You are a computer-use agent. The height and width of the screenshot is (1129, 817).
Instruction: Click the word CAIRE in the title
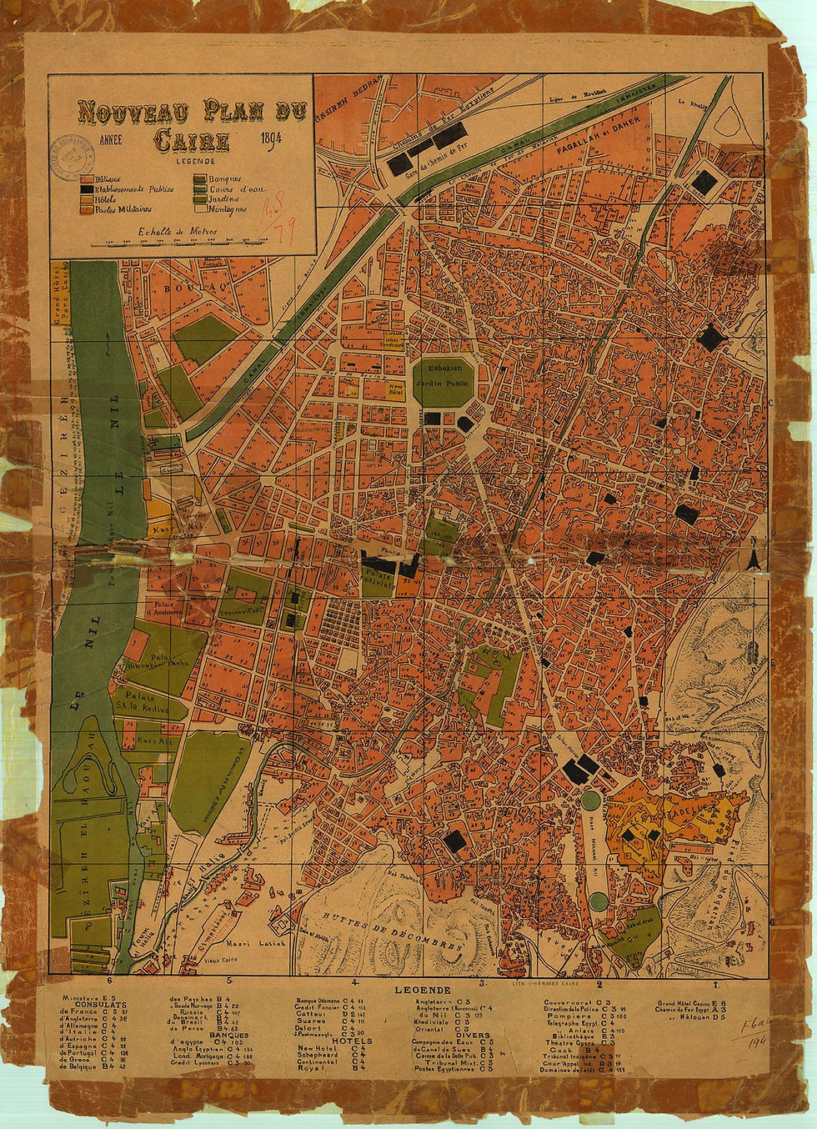191,140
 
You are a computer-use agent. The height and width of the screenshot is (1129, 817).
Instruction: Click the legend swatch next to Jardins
200,199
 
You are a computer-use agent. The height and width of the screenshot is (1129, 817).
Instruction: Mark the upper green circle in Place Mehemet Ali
591,800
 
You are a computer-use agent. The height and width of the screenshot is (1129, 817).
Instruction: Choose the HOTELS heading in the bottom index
353,1041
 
